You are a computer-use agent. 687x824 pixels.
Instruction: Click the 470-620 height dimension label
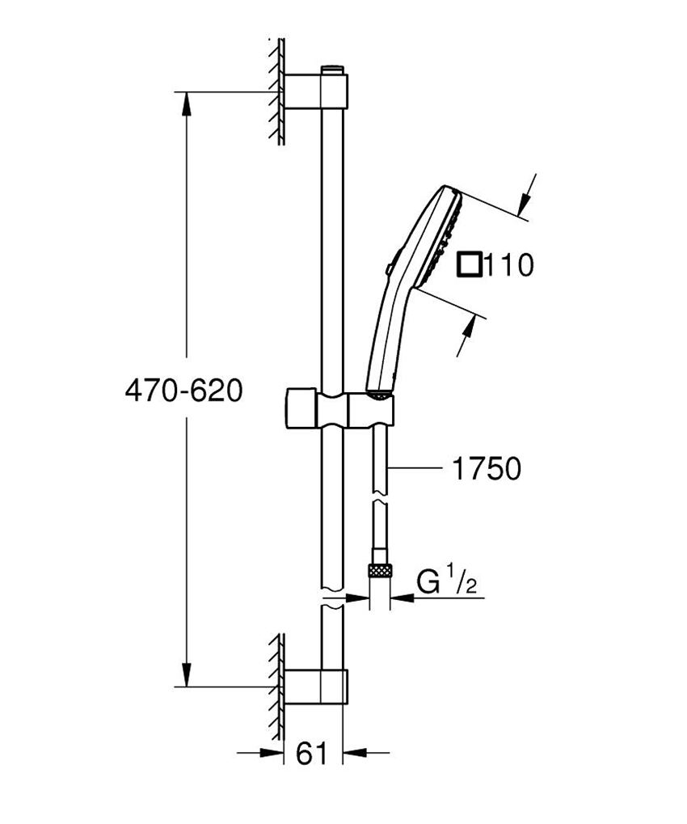pos(183,391)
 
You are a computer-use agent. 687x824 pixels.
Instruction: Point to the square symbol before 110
pos(470,264)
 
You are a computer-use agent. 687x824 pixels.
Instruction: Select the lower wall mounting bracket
pos(316,687)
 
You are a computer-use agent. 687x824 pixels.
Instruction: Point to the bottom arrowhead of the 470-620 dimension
pos(187,675)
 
